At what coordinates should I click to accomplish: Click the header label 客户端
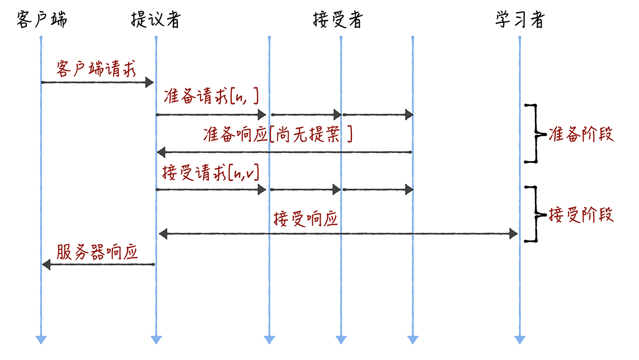[x=42, y=20]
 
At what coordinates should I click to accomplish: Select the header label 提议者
[x=156, y=20]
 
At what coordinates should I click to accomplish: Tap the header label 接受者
[x=337, y=20]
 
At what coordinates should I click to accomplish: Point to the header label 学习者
[x=519, y=20]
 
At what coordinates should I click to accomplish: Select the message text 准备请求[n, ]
[x=211, y=97]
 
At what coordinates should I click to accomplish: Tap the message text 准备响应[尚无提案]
[x=278, y=134]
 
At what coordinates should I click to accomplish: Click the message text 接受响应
[x=306, y=218]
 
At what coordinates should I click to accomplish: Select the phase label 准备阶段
[x=581, y=134]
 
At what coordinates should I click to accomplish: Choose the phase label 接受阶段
[x=581, y=214]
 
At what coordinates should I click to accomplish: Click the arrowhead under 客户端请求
[x=149, y=82]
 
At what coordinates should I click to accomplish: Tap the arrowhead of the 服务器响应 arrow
[x=46, y=264]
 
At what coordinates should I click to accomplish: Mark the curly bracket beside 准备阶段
[x=534, y=134]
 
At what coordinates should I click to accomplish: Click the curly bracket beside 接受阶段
[x=534, y=214]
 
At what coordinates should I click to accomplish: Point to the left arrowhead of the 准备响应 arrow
[x=161, y=152]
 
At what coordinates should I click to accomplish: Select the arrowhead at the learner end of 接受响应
[x=514, y=233]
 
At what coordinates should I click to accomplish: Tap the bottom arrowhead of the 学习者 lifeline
[x=520, y=339]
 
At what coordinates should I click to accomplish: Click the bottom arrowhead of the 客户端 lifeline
[x=41, y=339]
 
